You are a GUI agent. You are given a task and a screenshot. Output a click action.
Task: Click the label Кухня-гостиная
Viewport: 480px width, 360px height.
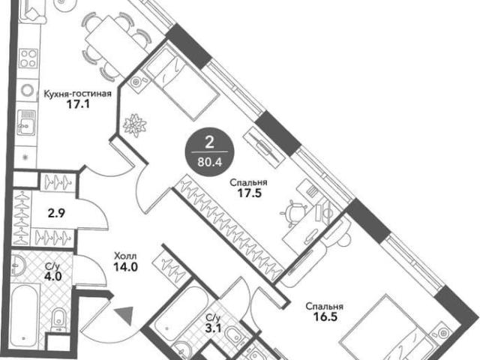77,93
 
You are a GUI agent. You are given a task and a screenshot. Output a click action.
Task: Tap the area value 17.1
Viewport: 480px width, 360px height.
78,105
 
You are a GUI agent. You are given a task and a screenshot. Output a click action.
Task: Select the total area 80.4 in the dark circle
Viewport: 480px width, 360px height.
210,162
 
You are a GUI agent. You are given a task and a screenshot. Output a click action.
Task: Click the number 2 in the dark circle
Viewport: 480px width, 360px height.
209,142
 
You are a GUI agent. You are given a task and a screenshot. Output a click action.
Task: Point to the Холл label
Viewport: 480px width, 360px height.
125,256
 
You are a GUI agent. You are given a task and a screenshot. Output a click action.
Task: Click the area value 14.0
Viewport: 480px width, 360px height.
125,267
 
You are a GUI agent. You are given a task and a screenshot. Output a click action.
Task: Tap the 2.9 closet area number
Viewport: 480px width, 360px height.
57,213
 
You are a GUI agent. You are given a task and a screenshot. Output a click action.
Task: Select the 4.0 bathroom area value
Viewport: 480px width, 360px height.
52,277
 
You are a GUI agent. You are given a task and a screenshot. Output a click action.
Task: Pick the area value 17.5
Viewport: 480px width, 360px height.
250,193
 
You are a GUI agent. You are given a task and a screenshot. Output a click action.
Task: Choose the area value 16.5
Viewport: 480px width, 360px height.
325,316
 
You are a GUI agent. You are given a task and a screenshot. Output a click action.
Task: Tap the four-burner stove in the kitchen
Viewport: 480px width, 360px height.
28,58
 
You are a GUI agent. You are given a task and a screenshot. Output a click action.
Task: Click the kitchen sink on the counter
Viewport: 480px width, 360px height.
26,122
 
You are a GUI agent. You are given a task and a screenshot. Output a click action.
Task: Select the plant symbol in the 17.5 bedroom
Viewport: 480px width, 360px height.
135,125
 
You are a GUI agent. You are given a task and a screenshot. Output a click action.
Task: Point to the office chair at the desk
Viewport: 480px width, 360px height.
293,213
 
